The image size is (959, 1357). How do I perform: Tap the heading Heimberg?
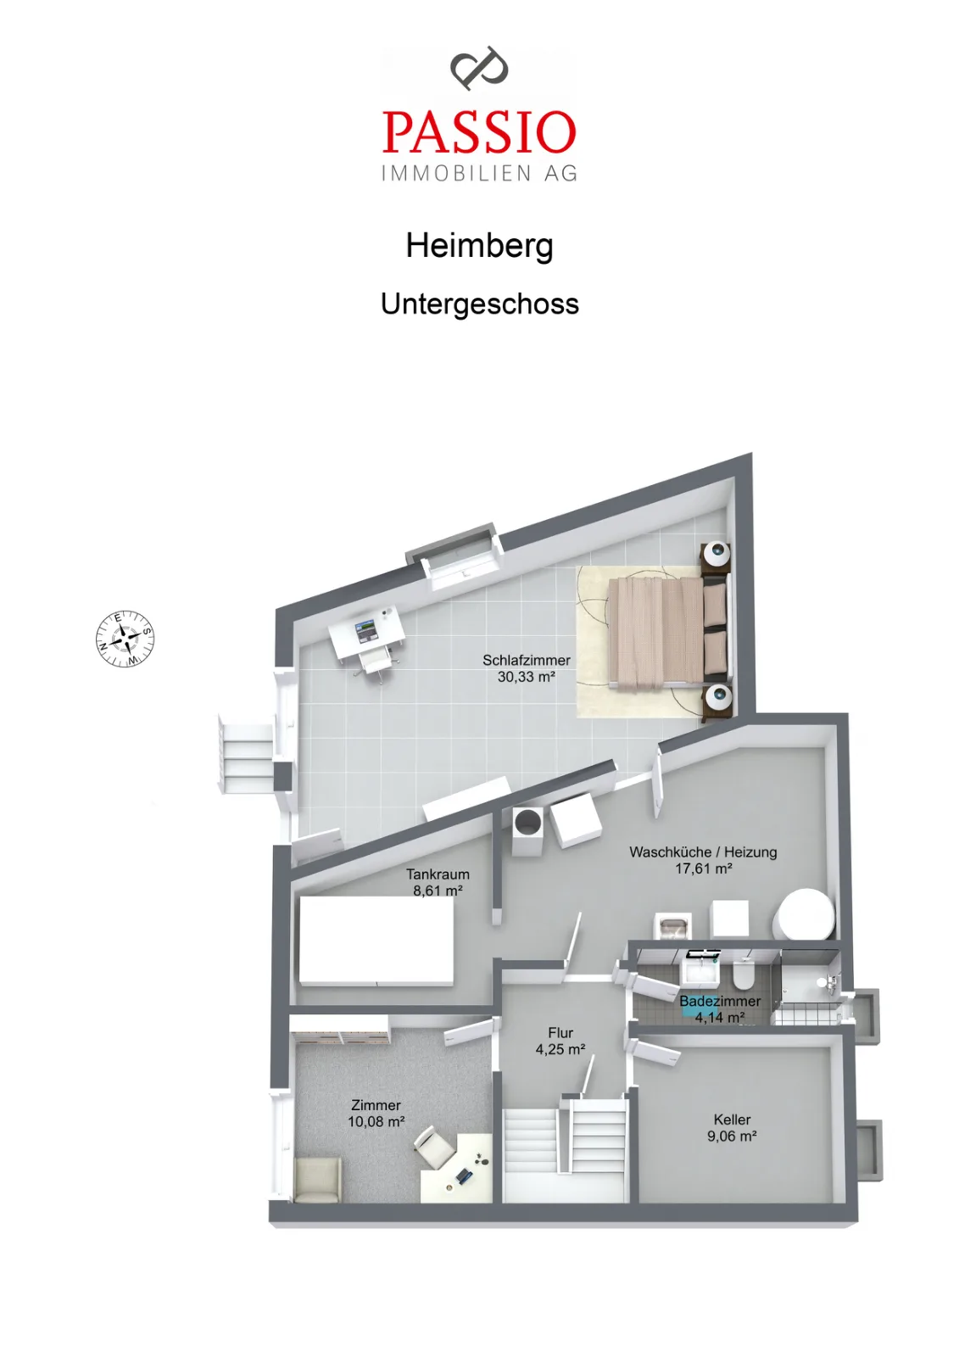pos(479,246)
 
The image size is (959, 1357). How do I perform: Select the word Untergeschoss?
pos(479,304)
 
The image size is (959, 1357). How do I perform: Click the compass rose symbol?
pos(125,639)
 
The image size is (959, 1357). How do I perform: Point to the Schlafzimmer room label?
pos(526,660)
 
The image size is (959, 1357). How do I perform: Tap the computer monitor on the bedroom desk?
pos(366,631)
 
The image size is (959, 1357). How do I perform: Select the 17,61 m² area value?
pos(703,868)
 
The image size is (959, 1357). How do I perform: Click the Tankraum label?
pos(438,874)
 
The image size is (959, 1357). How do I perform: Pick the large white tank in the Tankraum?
pos(376,940)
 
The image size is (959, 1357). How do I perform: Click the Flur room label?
pos(560,1032)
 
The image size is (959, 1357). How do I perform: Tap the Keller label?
pos(732,1120)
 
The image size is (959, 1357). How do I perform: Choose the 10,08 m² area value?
pos(376,1121)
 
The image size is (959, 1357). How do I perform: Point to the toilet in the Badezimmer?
pos(743,976)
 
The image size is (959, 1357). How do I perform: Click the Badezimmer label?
pos(720,1002)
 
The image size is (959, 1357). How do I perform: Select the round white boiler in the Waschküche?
pos(806,914)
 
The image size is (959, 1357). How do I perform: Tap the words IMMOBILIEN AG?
pos(479,173)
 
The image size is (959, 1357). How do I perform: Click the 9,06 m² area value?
pos(732,1136)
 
